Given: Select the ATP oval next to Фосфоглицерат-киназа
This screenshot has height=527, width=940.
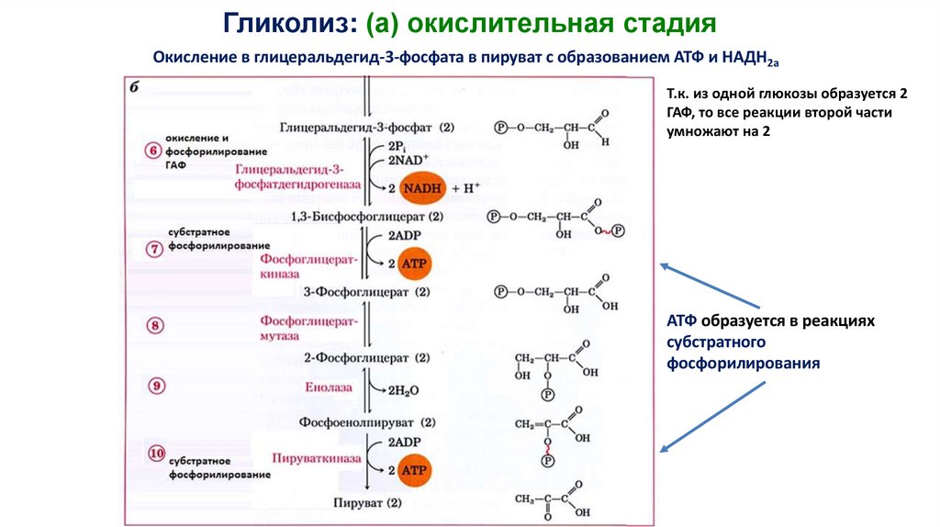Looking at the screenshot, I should [415, 263].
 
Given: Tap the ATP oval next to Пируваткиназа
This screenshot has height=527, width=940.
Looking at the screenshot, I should [415, 470].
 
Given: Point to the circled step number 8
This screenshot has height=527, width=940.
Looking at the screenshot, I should [155, 325].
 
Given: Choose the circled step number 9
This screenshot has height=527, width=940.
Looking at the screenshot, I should [157, 386].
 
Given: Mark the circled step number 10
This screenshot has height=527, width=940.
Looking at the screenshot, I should [156, 453].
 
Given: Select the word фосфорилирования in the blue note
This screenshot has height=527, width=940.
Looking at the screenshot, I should [743, 363].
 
